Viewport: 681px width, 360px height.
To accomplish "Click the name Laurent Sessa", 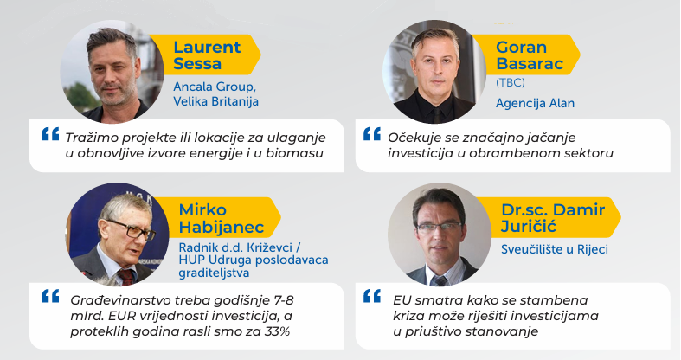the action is pos(207,55).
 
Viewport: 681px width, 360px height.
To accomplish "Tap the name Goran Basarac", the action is pos(530,55).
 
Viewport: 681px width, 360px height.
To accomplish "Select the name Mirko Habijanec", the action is pos(222,218).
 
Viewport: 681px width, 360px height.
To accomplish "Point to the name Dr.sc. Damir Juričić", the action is pos(553,218).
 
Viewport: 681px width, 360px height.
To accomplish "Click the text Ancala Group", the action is pos(215,87).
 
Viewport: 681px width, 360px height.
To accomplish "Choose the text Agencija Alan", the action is pos(535,103).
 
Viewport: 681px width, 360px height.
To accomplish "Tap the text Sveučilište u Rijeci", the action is pos(554,249).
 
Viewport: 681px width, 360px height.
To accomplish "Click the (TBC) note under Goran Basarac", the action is pos(511,82).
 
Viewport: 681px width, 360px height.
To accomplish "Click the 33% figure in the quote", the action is pos(277,331).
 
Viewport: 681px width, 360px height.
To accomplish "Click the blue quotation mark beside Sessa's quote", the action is pos(50,134).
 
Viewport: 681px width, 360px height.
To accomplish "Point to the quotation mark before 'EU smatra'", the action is pos(372,296).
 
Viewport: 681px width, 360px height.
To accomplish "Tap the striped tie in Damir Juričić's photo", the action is pos(440,280).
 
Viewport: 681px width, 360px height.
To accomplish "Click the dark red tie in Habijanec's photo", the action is pos(126,278).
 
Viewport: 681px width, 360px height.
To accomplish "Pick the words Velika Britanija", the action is pos(215,101).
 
